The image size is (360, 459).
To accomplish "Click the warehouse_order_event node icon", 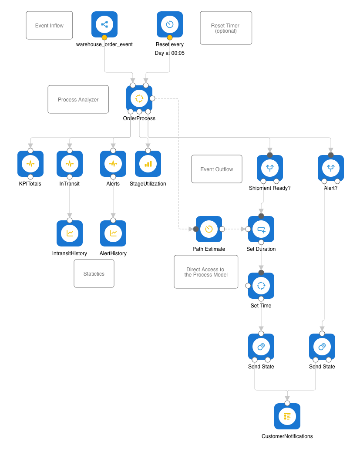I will pos(104,24).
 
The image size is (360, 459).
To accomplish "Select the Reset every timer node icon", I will pos(170,24).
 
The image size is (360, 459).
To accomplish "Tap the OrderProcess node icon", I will pos(139,98).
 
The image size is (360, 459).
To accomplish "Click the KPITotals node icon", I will pos(30,164).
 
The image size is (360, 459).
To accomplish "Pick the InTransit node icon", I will pos(70,164).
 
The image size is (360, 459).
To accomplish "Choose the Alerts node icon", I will pos(113,164).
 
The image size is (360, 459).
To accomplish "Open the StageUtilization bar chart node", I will pos(148,164).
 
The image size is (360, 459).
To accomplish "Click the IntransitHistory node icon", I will pos(70,233).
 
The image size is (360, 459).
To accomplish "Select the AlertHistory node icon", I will pos(113,233).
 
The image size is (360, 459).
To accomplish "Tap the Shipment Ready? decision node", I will pos(270,168).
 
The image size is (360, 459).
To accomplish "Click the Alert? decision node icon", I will pos(331,168).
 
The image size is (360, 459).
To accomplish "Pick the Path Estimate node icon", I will pos(209,229).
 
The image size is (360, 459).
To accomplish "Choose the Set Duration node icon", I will pos(261,229).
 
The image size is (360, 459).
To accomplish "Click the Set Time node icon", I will pos(261,286).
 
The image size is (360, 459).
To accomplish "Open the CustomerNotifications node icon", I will pos(287,416).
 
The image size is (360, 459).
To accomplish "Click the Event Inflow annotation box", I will pos(49,26).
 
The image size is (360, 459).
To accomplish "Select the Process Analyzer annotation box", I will pos(78,100).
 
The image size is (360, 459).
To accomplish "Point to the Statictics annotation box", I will pos(94,274).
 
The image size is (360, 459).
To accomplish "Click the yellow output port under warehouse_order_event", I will pos(104,37).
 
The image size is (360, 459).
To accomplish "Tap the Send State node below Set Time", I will pos(261,347).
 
